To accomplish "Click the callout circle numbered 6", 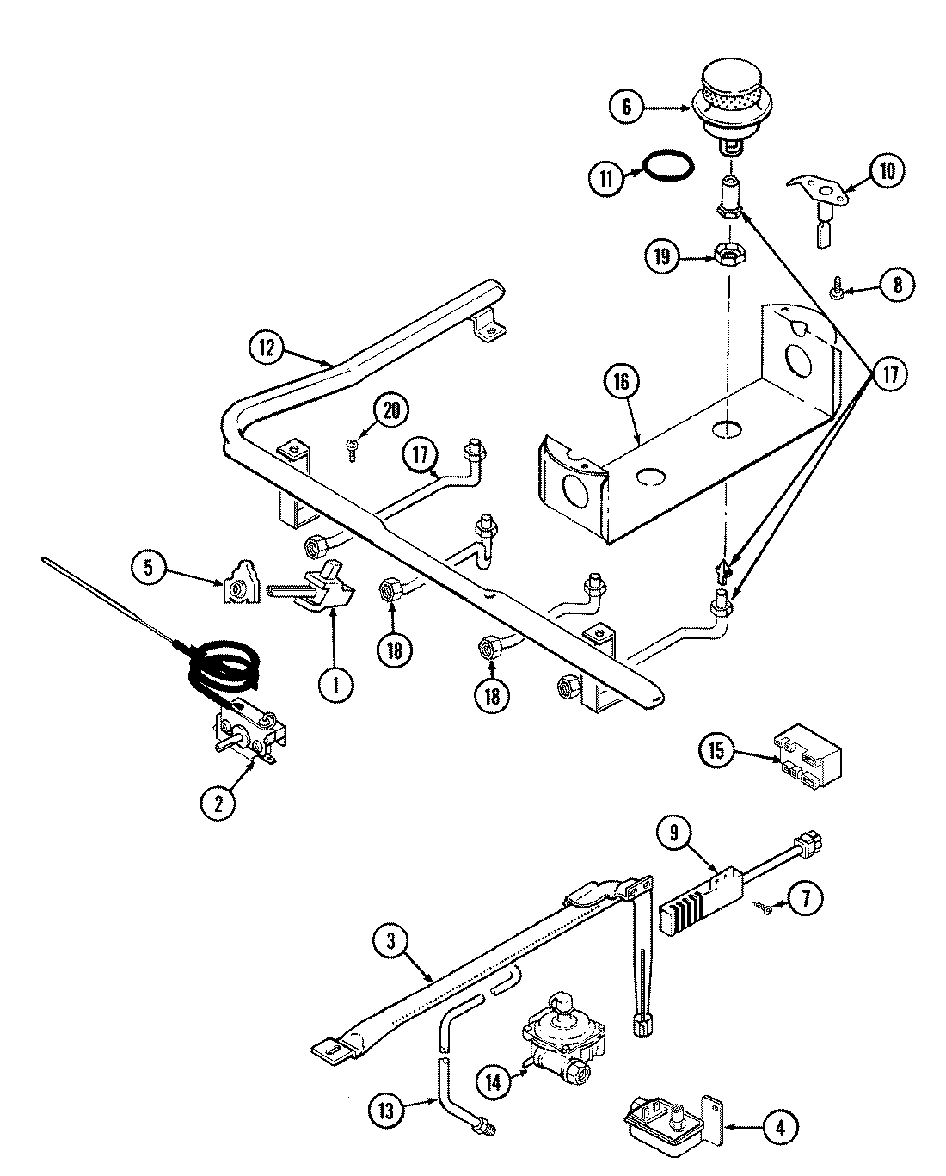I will tap(626, 107).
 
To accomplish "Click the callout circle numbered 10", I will tap(886, 171).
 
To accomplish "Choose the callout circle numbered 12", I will tap(267, 348).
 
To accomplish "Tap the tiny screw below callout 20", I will tap(352, 447).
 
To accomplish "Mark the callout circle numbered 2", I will tap(218, 803).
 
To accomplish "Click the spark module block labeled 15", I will tap(807, 756).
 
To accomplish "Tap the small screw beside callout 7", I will tap(763, 904).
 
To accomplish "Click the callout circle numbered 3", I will tap(391, 942).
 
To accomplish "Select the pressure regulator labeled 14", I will tap(562, 1038).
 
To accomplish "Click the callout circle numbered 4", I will tap(779, 1127).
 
